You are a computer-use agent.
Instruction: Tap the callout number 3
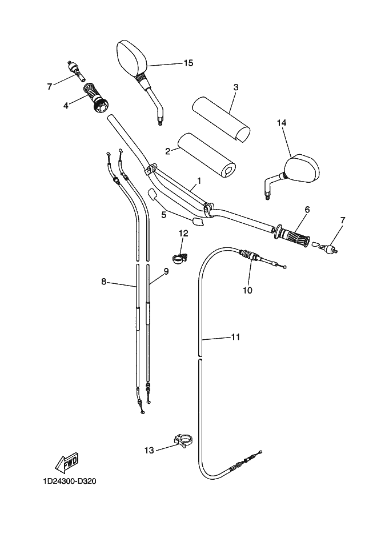click(x=235, y=87)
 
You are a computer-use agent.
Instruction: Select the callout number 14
click(x=281, y=123)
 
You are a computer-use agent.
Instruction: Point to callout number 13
click(x=149, y=451)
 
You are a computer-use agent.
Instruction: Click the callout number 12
click(x=183, y=233)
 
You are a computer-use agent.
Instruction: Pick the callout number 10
click(x=247, y=290)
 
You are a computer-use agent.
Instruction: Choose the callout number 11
click(x=235, y=337)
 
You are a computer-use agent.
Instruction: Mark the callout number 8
click(x=103, y=281)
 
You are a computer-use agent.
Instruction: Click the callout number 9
click(x=166, y=272)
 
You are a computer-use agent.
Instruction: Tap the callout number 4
click(x=66, y=105)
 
